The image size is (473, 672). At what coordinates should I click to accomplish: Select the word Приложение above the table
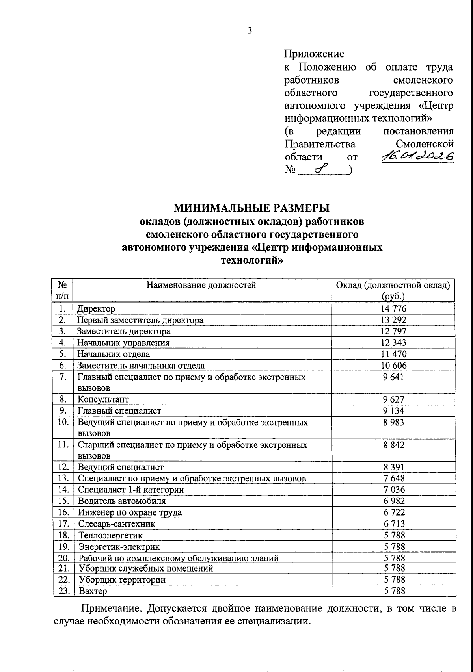(x=314, y=54)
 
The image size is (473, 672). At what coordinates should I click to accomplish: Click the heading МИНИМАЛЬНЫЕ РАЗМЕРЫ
(x=252, y=207)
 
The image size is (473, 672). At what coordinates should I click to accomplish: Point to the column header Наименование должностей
(x=201, y=285)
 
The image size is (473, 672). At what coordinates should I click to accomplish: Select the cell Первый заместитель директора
(x=141, y=320)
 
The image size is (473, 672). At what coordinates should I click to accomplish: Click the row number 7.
(x=63, y=377)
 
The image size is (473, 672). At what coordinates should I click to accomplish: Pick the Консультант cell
(x=103, y=399)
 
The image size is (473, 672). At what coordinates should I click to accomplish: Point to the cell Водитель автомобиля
(x=122, y=501)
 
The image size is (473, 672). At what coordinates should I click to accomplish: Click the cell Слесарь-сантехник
(x=117, y=524)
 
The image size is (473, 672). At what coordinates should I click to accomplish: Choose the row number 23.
(x=63, y=591)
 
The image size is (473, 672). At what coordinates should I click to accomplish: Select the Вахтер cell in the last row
(x=93, y=591)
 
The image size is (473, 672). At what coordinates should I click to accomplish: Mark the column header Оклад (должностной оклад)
(x=393, y=285)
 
